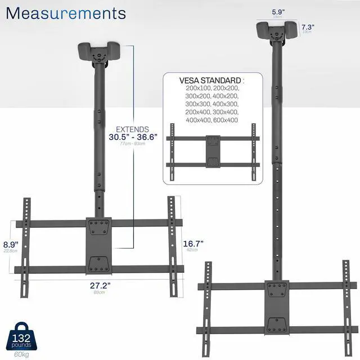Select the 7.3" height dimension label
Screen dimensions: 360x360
tap(308, 27)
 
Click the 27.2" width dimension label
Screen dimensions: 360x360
tap(100, 285)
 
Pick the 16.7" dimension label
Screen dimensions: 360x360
tap(193, 243)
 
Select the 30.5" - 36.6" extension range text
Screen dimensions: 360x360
tap(133, 137)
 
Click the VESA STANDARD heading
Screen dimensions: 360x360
tap(211, 80)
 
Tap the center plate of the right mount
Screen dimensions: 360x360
tap(277, 309)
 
